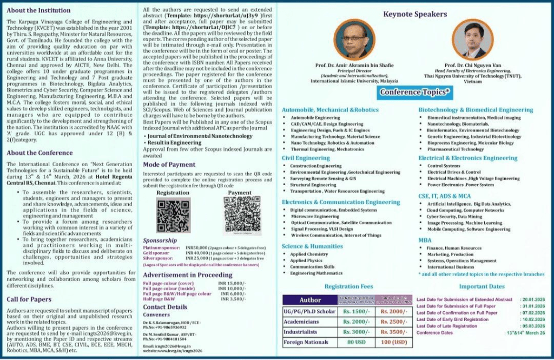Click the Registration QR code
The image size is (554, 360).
(173, 215)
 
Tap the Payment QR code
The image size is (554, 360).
(240, 215)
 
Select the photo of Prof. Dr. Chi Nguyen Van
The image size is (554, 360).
(469, 41)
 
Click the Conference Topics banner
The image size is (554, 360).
(415, 92)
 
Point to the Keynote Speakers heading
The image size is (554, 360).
(415, 15)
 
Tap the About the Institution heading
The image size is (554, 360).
(38, 10)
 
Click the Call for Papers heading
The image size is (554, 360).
(29, 299)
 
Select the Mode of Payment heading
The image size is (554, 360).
(169, 164)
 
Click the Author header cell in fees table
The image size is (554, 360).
(310, 300)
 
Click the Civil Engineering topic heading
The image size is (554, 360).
(306, 158)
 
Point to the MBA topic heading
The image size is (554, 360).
(425, 240)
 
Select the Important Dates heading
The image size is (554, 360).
(482, 286)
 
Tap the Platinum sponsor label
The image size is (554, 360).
(161, 247)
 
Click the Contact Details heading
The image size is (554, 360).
(165, 307)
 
